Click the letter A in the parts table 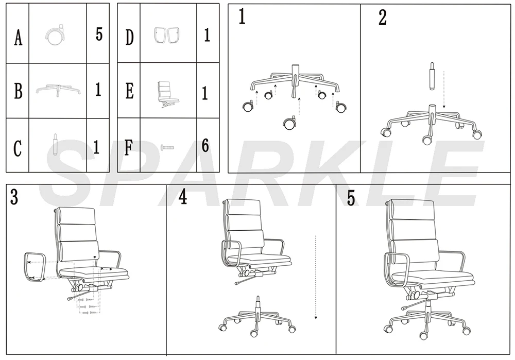tap(18, 38)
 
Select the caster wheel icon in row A tap(55, 36)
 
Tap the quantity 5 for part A tap(99, 35)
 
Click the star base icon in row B tap(58, 91)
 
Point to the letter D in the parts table tap(129, 38)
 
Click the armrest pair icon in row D tap(167, 36)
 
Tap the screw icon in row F tap(167, 147)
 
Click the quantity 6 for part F tap(205, 146)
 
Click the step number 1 tap(242, 18)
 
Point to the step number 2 tap(382, 18)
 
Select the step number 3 tap(14, 197)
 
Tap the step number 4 tap(183, 197)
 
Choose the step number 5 tap(351, 198)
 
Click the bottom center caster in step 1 tap(289, 123)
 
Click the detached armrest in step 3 tap(34, 268)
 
